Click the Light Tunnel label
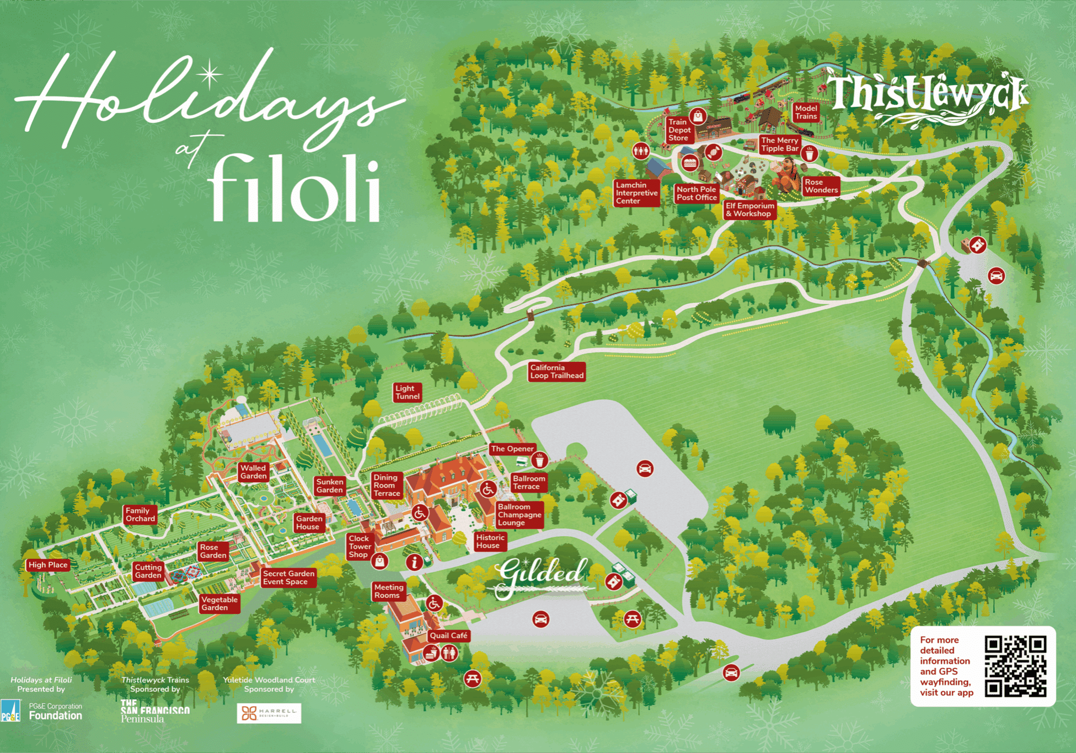pyautogui.click(x=408, y=392)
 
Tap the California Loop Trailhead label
pyautogui.click(x=556, y=372)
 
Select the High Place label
pyautogui.click(x=48, y=565)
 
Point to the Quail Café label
pyautogui.click(x=448, y=635)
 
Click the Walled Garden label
pyautogui.click(x=253, y=472)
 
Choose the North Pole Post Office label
pyautogui.click(x=697, y=194)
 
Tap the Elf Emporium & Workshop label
pyautogui.click(x=750, y=210)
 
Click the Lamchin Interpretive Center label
pyautogui.click(x=636, y=193)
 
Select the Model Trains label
pyautogui.click(x=806, y=113)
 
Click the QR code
pyautogui.click(x=1015, y=666)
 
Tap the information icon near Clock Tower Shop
pyautogui.click(x=414, y=562)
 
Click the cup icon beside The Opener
pyautogui.click(x=539, y=460)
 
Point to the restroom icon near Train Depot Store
pyautogui.click(x=640, y=150)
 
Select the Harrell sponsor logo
pyautogui.click(x=269, y=713)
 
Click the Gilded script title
pyautogui.click(x=540, y=575)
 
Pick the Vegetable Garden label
pyautogui.click(x=219, y=604)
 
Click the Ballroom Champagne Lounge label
pyautogui.click(x=519, y=515)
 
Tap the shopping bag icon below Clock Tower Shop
pyautogui.click(x=379, y=562)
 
